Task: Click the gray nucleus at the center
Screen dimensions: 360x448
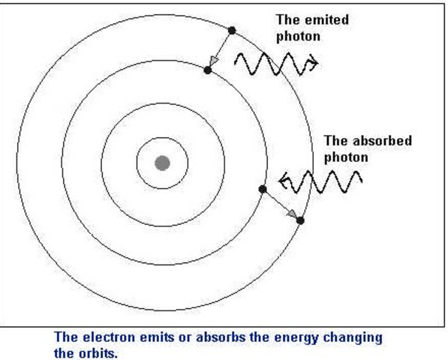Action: (x=161, y=163)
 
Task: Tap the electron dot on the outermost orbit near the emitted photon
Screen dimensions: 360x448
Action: (x=232, y=30)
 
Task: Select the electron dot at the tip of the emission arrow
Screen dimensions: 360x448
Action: (x=207, y=70)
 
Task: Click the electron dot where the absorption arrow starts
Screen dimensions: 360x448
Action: (x=262, y=189)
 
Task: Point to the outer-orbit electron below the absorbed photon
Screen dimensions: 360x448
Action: (x=301, y=220)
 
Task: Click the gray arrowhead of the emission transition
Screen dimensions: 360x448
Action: (x=215, y=60)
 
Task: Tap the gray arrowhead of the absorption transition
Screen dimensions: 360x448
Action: (x=291, y=214)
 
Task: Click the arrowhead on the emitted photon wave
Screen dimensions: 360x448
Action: (x=309, y=66)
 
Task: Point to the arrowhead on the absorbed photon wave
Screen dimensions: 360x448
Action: (x=283, y=180)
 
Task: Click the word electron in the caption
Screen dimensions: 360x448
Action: (x=112, y=337)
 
